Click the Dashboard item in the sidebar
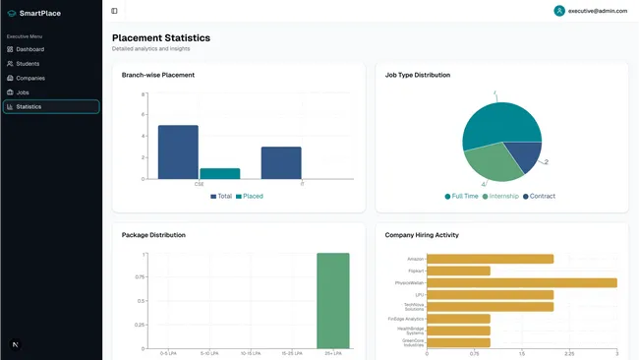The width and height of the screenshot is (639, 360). (x=29, y=49)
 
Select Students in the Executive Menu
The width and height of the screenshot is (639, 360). (x=28, y=64)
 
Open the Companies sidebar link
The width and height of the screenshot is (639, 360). (x=29, y=78)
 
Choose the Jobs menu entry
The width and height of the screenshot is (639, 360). (x=23, y=92)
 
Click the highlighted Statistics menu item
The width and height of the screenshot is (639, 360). (x=29, y=106)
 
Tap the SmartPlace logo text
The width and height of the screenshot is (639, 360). (x=39, y=14)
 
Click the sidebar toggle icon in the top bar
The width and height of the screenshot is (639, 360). (x=114, y=11)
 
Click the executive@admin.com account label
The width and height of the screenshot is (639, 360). (x=597, y=11)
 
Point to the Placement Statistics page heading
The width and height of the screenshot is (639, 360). (x=160, y=38)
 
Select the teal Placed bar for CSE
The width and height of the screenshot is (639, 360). (x=219, y=173)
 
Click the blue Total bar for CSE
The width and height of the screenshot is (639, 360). (x=178, y=151)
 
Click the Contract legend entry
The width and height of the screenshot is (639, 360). (x=539, y=196)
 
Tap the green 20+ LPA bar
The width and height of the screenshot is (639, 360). (x=332, y=300)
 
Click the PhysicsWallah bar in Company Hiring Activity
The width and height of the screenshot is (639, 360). (x=521, y=282)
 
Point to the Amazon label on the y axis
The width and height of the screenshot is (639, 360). (x=415, y=259)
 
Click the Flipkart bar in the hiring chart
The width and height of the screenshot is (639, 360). (x=458, y=270)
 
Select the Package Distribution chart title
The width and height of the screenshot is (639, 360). (x=153, y=235)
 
